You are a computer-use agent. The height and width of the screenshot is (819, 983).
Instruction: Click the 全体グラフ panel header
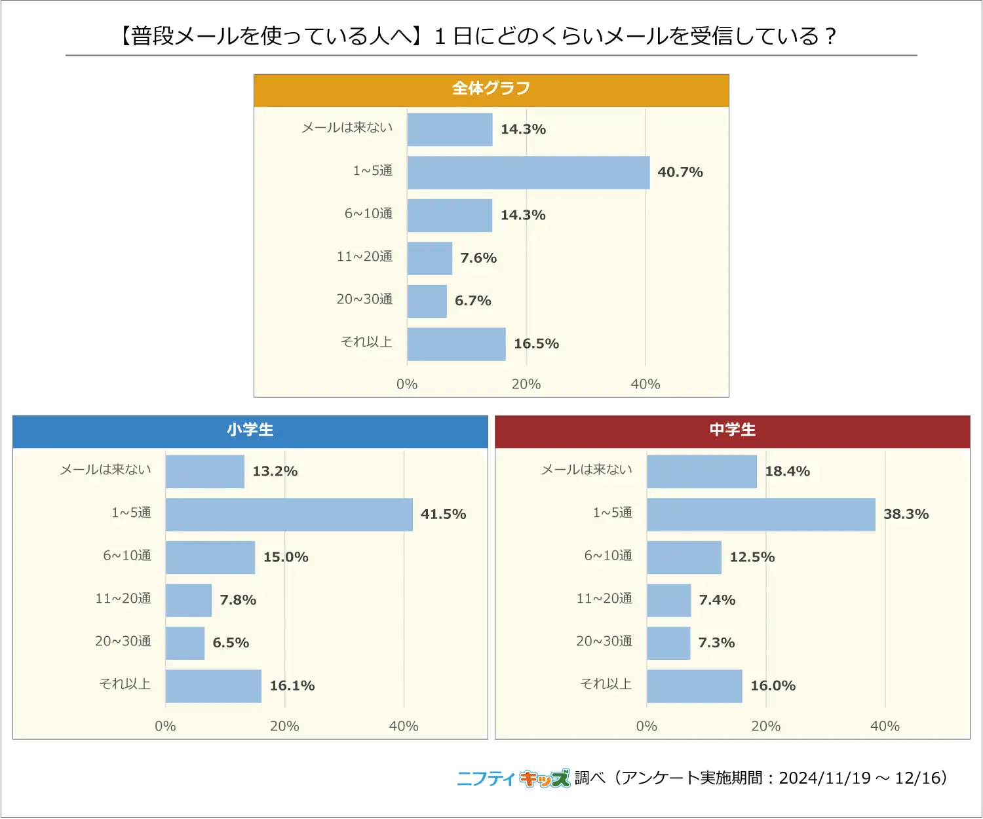point(491,89)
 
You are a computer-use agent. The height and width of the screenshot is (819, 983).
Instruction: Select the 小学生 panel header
point(250,430)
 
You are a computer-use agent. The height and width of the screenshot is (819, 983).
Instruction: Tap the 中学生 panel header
point(732,430)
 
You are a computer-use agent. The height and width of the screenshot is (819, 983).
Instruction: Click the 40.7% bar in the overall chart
point(528,172)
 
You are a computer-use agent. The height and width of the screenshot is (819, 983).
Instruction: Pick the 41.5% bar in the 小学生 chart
point(289,514)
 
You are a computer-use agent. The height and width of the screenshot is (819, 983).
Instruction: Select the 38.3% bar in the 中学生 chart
point(761,514)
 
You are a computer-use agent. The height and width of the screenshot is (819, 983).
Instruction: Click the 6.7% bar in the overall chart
point(427,301)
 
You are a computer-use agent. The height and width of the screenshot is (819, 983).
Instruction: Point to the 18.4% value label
point(787,471)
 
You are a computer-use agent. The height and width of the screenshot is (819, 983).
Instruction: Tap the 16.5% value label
point(536,344)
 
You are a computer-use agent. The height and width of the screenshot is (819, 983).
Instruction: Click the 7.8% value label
point(238,600)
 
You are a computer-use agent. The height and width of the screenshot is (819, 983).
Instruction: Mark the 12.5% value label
point(752,557)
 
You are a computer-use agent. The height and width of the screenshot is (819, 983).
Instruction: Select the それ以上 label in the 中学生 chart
point(606,684)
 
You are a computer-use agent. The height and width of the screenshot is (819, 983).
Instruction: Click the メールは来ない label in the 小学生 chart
point(106,470)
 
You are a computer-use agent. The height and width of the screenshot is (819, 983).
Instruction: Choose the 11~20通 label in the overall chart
point(364,257)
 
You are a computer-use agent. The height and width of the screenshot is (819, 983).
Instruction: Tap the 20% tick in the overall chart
point(526,385)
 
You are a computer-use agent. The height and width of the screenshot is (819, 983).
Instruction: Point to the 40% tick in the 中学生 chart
point(885,726)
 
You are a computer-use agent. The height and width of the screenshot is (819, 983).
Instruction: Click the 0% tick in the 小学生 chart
point(165,726)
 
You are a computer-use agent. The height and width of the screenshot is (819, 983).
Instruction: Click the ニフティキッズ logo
point(513,778)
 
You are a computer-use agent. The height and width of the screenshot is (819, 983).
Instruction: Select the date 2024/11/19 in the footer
point(824,778)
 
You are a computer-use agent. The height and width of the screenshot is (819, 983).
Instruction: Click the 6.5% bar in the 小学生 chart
point(185,643)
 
